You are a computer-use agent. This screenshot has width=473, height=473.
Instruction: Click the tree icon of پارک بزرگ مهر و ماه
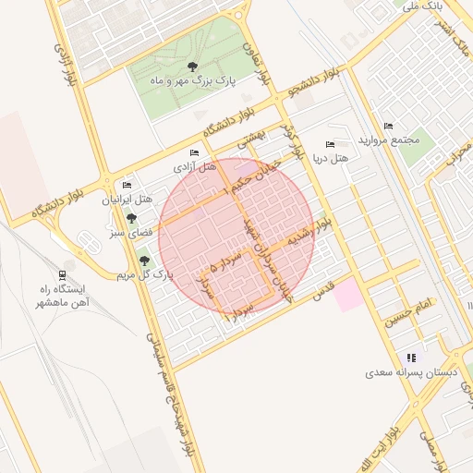coord(192,66)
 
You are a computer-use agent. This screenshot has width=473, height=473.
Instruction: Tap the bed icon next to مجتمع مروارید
coord(388,126)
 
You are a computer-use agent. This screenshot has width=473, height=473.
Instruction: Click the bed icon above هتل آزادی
coord(194,152)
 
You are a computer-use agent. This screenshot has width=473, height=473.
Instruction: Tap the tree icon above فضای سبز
coord(132,219)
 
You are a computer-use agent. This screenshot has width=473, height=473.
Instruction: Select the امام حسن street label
coord(410,310)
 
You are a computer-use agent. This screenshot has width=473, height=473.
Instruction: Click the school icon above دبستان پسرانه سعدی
coord(411,358)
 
